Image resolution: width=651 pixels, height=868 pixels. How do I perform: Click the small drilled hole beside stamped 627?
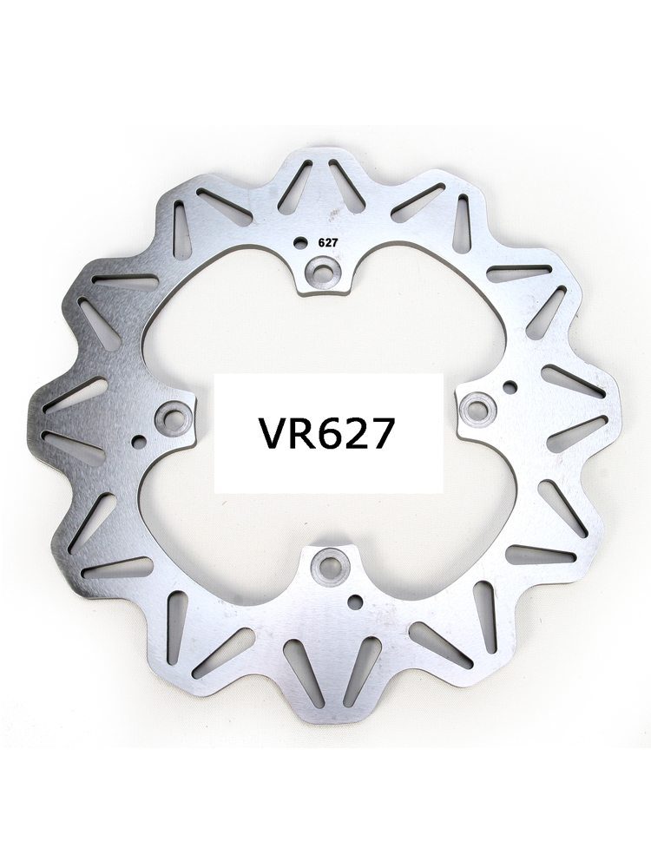pos(300,242)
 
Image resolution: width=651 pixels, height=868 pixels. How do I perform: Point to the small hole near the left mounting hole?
pos(140,442)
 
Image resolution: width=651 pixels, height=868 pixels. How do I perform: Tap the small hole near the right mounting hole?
pos(510,385)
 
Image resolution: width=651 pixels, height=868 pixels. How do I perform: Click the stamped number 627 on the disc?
pos(325,241)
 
